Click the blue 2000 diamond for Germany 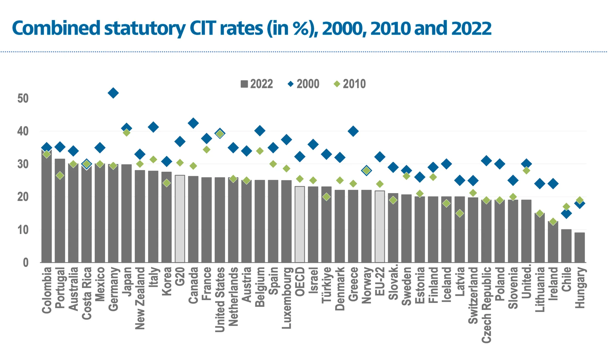pyautogui.click(x=113, y=93)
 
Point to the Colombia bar pyautogui.click(x=47, y=208)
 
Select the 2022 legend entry pyautogui.click(x=257, y=84)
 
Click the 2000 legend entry pyautogui.click(x=303, y=84)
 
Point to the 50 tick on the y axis pyautogui.click(x=23, y=98)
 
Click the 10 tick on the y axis pyautogui.click(x=23, y=230)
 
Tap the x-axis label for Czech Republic pyautogui.click(x=486, y=305)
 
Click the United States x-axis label pyautogui.click(x=220, y=299)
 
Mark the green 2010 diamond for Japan pyautogui.click(x=126, y=133)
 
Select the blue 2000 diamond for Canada pyautogui.click(x=193, y=123)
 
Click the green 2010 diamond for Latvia pyautogui.click(x=460, y=213)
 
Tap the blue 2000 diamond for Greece pyautogui.click(x=353, y=131)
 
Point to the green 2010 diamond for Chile pyautogui.click(x=566, y=207)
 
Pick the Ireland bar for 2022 pyautogui.click(x=553, y=242)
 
